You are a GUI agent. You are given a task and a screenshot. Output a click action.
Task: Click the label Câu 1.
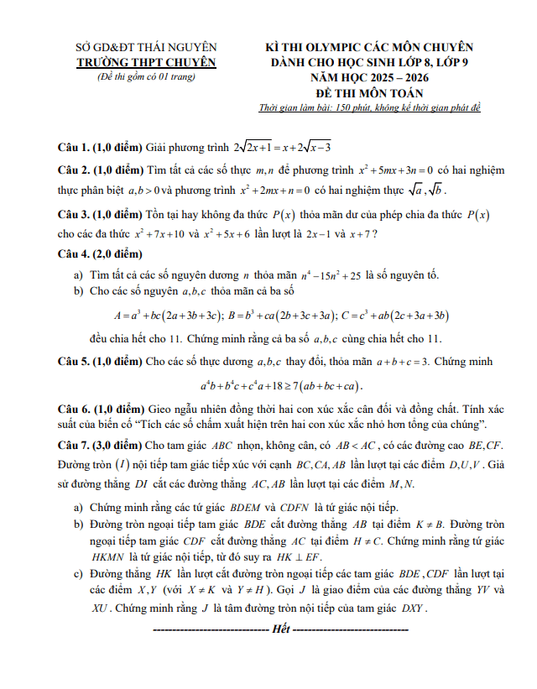(73, 146)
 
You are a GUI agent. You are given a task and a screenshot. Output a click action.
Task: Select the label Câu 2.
(73, 170)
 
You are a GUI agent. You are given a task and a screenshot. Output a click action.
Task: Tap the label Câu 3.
(73, 214)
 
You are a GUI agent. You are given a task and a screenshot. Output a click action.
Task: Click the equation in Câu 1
(282, 146)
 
